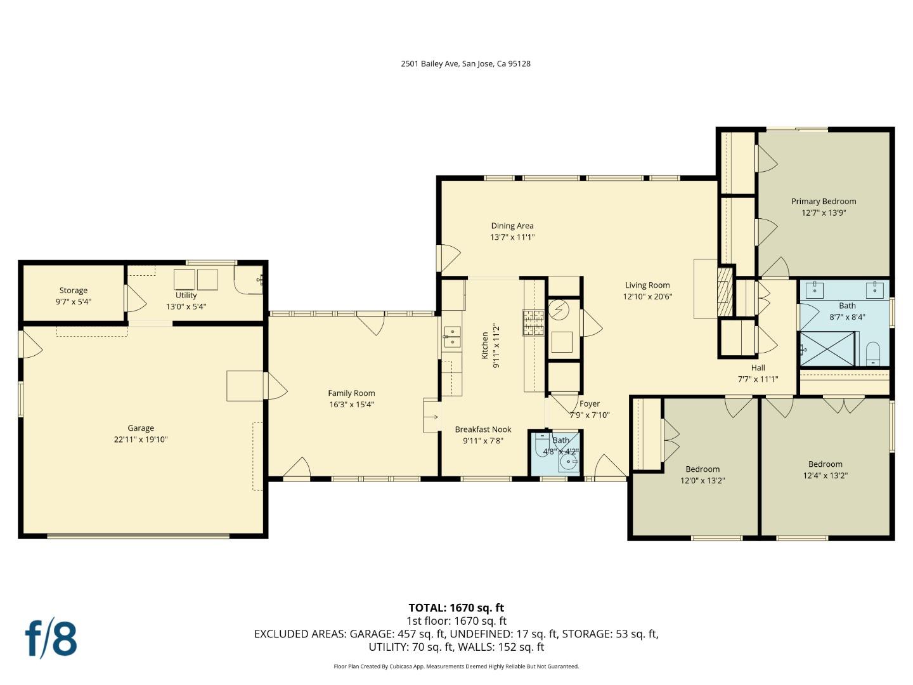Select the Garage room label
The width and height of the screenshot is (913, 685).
click(140, 428)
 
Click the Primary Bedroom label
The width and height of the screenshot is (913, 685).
click(823, 202)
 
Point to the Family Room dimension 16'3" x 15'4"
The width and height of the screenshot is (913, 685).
click(351, 405)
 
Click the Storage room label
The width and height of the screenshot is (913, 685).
click(74, 290)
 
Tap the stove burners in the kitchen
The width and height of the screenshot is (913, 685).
click(533, 323)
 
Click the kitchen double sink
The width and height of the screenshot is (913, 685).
click(453, 337)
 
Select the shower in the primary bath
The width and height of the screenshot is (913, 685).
click(826, 349)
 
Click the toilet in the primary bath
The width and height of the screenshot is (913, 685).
click(873, 353)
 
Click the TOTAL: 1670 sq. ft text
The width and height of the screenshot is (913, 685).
click(456, 608)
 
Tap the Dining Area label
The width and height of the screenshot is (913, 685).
click(512, 226)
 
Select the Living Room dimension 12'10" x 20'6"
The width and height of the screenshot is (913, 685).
click(647, 296)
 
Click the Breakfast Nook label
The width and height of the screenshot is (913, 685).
click(482, 429)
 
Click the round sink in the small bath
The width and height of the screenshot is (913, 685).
click(568, 463)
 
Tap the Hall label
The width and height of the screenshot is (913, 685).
click(758, 368)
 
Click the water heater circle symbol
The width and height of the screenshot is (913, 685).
click(559, 310)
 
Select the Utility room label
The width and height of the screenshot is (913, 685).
click(186, 295)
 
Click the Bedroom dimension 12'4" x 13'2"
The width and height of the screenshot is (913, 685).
click(825, 476)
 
